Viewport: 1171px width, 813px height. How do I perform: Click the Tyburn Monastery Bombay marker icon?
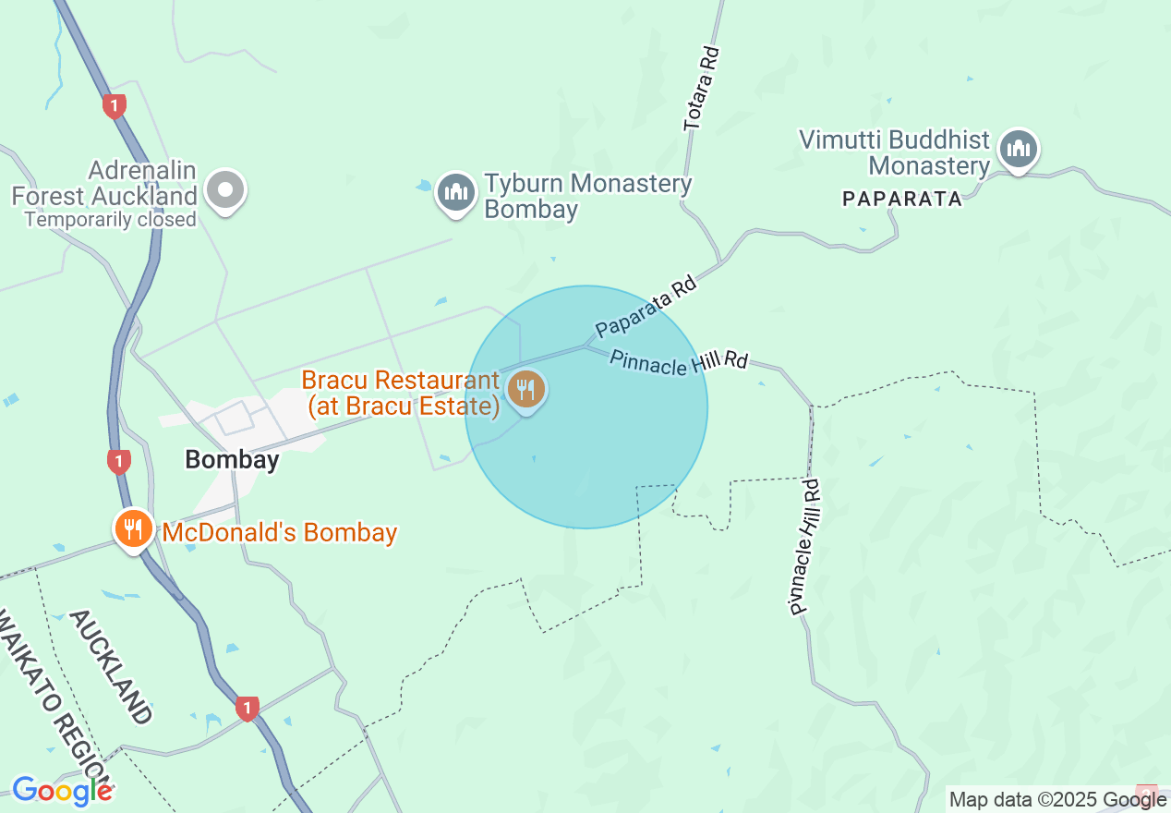pos(455,192)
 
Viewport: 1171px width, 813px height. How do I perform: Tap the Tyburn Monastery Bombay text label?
pos(587,196)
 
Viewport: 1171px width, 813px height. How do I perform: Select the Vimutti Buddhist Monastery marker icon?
pos(1019,149)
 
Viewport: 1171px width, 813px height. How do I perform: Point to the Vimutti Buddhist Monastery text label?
pos(894,153)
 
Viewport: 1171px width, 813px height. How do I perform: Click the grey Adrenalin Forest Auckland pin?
pos(225,190)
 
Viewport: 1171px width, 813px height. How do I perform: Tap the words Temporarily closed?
pos(111,220)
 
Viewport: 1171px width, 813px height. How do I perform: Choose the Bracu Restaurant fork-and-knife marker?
pos(526,389)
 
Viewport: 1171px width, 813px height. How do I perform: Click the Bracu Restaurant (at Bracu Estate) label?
pos(401,394)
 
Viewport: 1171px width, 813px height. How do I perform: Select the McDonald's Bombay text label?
pos(280,532)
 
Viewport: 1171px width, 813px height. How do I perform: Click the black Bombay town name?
pos(232,459)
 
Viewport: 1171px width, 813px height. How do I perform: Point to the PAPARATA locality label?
pos(902,198)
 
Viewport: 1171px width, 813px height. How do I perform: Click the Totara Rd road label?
pos(700,91)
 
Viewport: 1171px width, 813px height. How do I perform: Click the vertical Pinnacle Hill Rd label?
pos(804,547)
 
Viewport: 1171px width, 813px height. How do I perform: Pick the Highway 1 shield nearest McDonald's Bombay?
pos(118,461)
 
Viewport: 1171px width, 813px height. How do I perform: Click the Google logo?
pos(62,791)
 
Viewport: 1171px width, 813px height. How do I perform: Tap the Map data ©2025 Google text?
pos(1057,800)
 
